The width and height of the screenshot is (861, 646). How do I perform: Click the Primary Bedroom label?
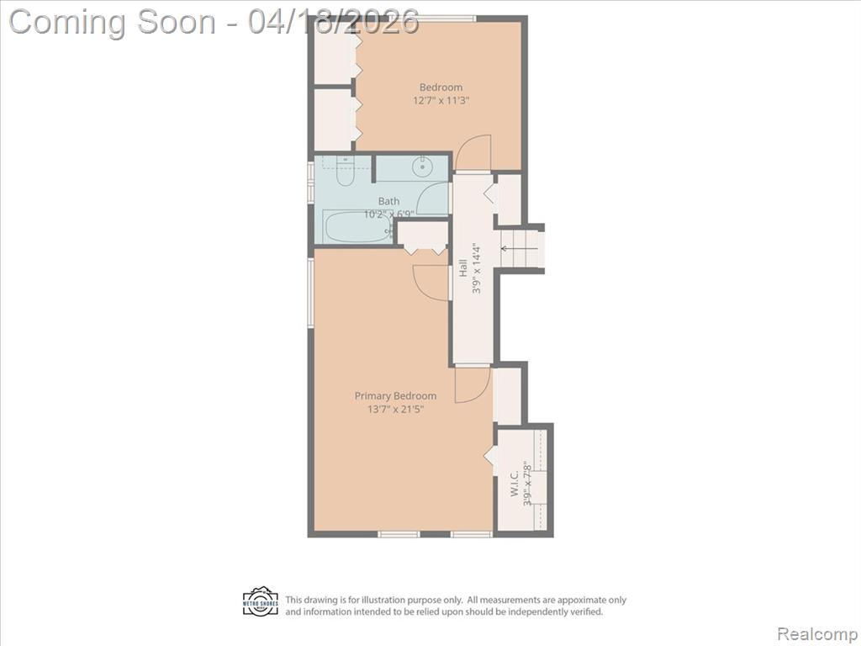pos(395,396)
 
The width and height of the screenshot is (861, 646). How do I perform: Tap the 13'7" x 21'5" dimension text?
pos(395,410)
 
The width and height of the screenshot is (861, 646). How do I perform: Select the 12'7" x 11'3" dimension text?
pos(441,101)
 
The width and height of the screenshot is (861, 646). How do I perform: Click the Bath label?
pos(388,202)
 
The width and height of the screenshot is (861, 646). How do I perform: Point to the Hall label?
pos(463,268)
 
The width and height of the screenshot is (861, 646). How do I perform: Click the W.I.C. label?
pos(515,484)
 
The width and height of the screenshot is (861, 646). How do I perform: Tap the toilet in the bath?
pos(346,171)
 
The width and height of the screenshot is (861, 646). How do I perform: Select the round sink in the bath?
pos(423,165)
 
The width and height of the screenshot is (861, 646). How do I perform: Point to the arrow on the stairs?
pos(520,249)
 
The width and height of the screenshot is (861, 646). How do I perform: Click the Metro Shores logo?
pos(261,601)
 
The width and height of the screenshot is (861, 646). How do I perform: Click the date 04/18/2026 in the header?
pos(333,22)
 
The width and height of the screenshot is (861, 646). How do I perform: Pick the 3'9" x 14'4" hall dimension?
pos(476,268)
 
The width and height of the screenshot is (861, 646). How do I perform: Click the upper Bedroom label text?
pos(441,87)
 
